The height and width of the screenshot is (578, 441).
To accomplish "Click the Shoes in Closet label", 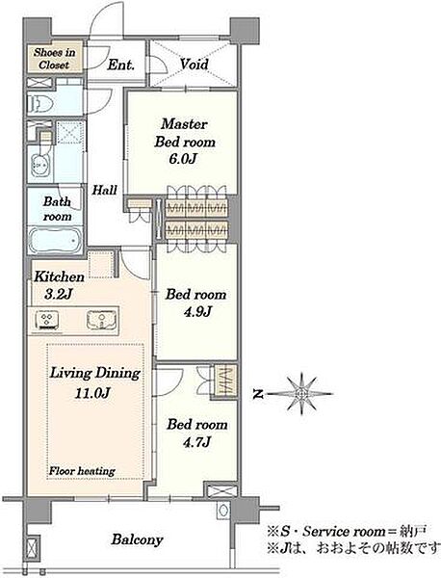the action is tap(55, 59).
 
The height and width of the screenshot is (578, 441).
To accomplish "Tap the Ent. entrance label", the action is tap(121, 66).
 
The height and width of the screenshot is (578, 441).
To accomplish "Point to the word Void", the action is tap(195, 65).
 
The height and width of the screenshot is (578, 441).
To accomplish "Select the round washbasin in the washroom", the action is tap(40, 167).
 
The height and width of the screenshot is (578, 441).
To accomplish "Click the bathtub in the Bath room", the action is tap(55, 241).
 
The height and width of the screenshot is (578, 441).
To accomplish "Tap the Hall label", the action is tap(104, 190).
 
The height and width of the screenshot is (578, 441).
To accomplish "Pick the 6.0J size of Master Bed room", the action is tap(183, 159).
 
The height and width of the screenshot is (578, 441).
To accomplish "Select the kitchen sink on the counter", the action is tap(101, 319).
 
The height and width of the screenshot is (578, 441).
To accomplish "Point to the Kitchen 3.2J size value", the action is tap(58, 294).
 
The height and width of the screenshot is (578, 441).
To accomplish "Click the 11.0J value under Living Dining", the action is tap(92, 393).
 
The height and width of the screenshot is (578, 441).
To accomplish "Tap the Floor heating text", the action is tap(82, 471).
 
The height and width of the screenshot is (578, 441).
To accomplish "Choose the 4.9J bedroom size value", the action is tap(197, 312).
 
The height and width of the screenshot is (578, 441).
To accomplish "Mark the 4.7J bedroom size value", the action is tap(197, 441).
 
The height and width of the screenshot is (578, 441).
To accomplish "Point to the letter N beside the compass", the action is tap(259, 394).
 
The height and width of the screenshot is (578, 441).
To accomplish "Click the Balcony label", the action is tap(137, 539).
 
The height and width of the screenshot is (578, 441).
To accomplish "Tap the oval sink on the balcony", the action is tap(222, 511).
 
